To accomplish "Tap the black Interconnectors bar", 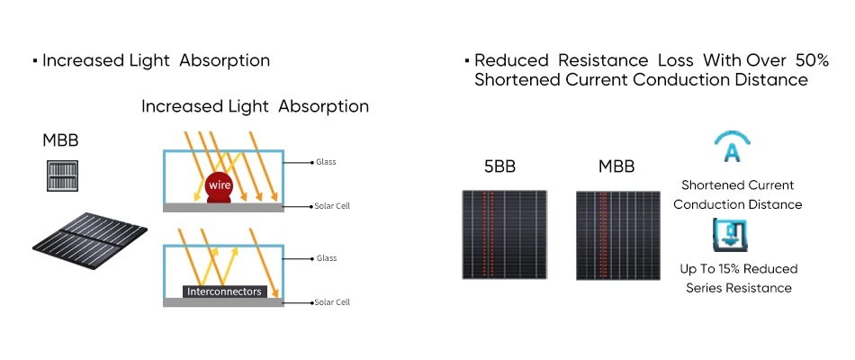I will (x=224, y=292).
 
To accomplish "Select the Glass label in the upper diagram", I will (x=326, y=162).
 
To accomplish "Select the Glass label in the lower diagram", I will (x=326, y=258).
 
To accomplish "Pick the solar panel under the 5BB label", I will (x=504, y=234).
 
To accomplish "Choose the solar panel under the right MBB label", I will (x=617, y=234).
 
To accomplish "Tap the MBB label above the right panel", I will (x=616, y=167).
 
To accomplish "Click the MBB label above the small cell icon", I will (x=61, y=141).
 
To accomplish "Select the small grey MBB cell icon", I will (x=61, y=175).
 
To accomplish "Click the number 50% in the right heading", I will (x=812, y=60).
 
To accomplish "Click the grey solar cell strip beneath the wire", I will (x=223, y=207).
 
